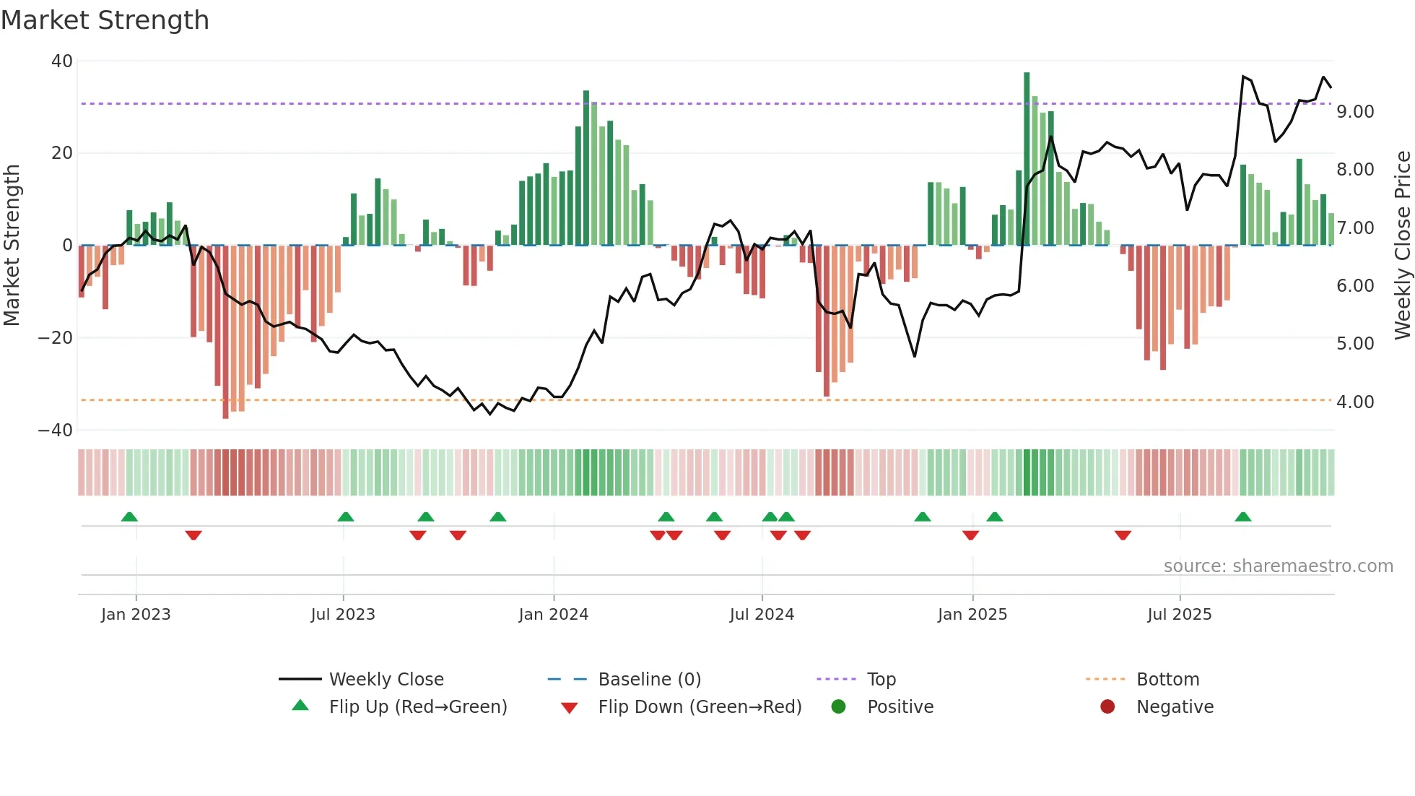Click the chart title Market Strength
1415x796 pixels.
[x=105, y=20]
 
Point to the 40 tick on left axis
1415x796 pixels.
[x=62, y=61]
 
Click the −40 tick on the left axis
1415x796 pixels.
[x=56, y=431]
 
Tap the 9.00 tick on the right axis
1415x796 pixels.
[x=1354, y=112]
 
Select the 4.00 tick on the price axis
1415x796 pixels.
[x=1354, y=402]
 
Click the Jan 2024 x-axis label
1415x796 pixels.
[x=553, y=615]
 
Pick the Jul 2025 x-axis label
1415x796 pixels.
[x=1179, y=615]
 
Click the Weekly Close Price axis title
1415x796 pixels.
[x=1402, y=246]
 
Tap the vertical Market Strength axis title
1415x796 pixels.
[x=12, y=246]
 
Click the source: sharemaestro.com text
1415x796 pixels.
[x=1278, y=566]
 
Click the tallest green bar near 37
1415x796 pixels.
[x=1027, y=159]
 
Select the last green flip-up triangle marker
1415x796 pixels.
[x=1242, y=517]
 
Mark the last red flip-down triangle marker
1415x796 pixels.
[x=1123, y=535]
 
